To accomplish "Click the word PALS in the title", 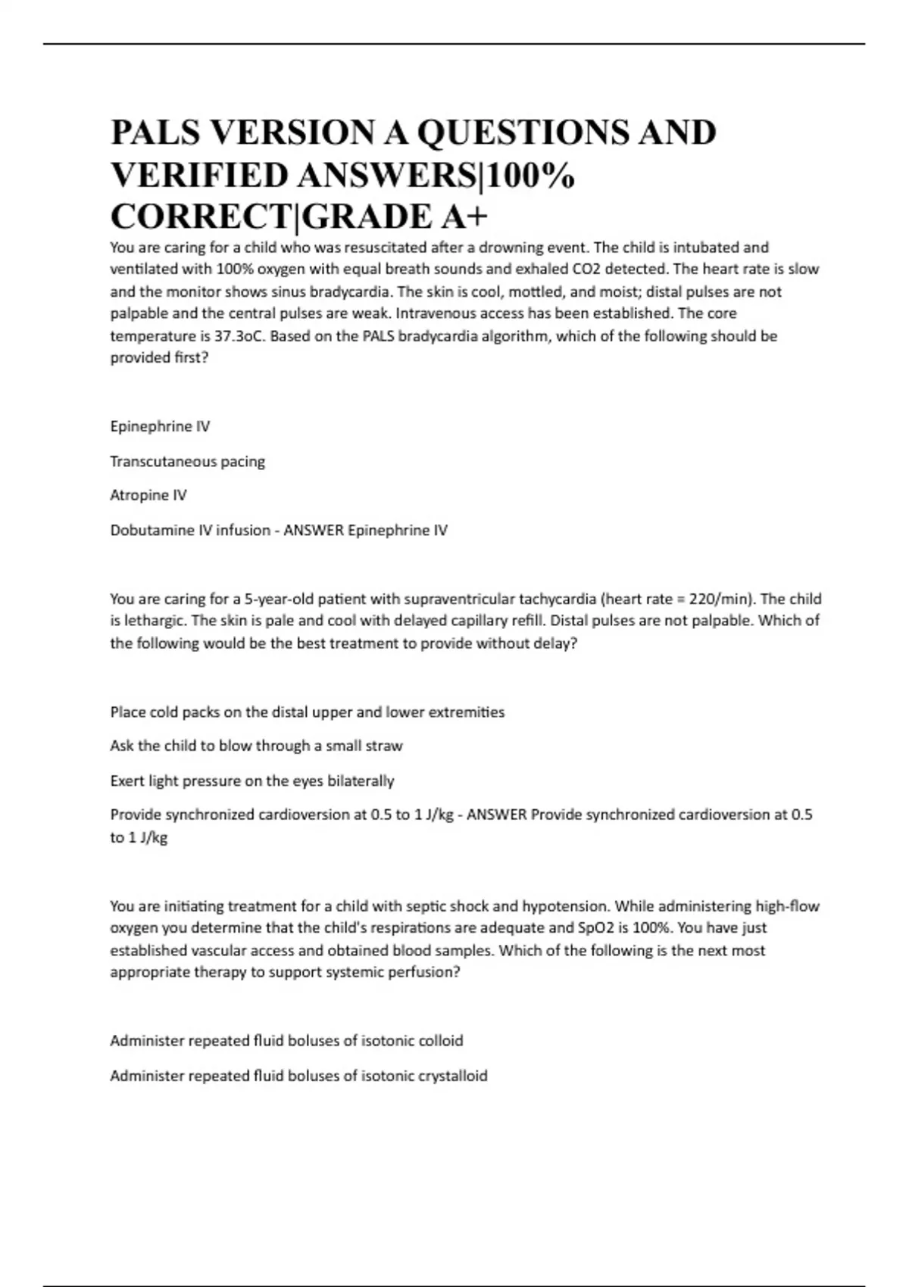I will tap(156, 133).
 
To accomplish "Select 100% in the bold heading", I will tap(530, 176).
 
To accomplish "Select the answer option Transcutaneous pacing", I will tap(187, 461).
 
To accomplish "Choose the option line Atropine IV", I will tap(148, 495).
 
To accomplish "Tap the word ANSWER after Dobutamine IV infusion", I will tap(314, 530).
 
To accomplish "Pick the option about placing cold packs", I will tap(307, 712).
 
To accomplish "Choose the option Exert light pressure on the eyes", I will tap(252, 781).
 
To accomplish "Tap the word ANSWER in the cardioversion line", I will tap(497, 815).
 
